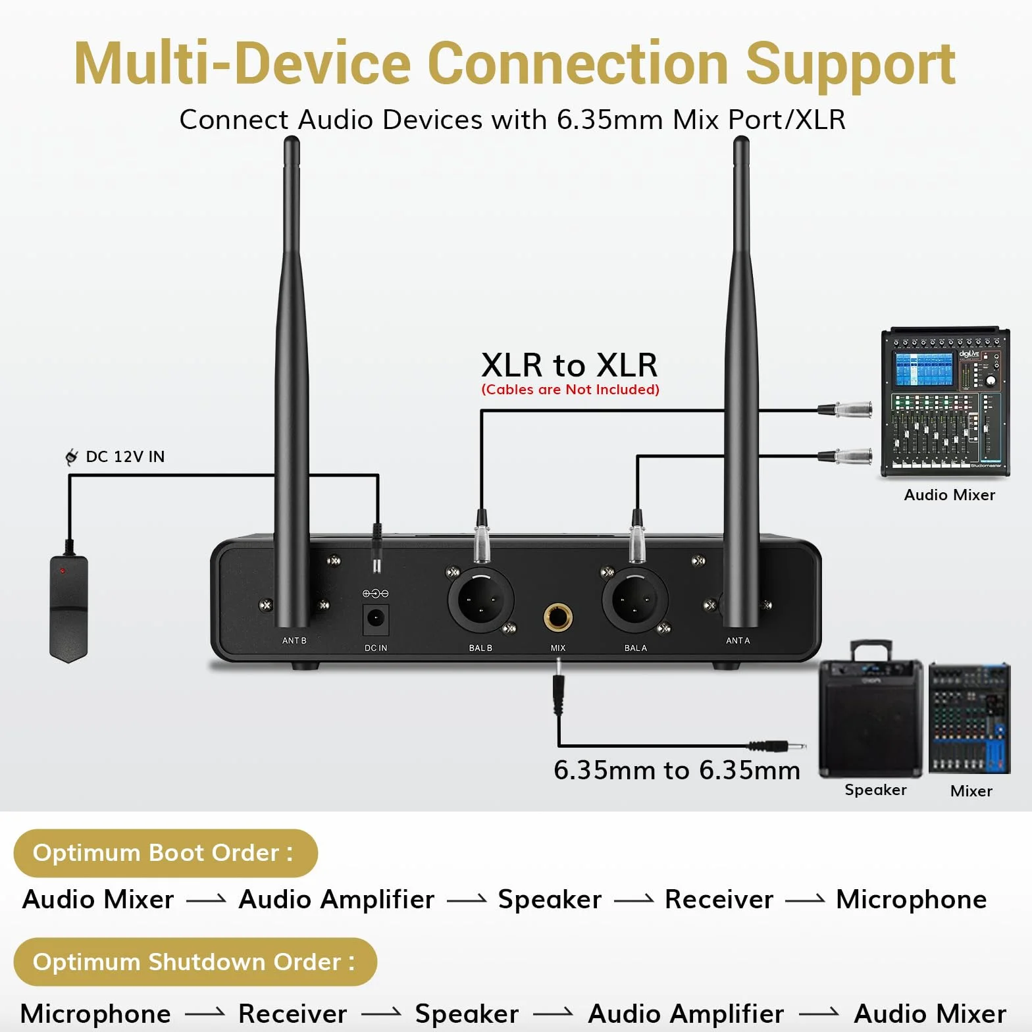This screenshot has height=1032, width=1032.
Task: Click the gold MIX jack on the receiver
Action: (557, 617)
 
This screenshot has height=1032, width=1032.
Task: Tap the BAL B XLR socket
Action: (480, 600)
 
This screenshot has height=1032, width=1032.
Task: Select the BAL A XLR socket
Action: (634, 600)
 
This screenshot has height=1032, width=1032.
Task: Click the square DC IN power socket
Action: (376, 619)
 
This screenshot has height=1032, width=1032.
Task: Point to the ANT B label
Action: (294, 640)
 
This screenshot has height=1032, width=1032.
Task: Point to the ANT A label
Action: (738, 640)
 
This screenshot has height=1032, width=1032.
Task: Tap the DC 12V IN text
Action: (125, 457)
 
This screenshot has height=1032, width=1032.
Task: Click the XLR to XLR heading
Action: (569, 365)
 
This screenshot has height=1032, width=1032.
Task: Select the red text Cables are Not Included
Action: (570, 390)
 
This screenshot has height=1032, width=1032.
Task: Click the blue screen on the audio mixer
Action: (924, 369)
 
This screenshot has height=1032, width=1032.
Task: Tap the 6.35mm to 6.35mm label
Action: (677, 770)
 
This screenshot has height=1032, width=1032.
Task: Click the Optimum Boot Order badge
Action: (165, 853)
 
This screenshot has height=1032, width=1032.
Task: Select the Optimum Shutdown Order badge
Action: (195, 962)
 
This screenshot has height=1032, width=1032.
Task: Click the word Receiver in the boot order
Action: (719, 900)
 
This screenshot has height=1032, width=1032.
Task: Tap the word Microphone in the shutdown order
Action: (96, 1014)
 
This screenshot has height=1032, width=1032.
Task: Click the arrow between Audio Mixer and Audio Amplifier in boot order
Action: (206, 900)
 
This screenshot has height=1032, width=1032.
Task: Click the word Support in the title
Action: (850, 64)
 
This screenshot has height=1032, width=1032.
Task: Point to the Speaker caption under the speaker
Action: (875, 790)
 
